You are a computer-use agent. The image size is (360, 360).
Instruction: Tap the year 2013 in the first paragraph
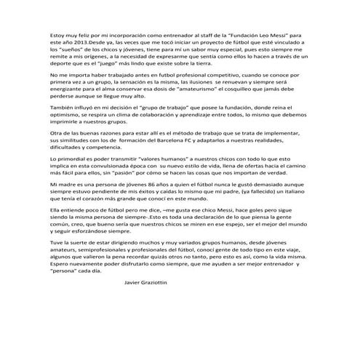tap(78, 43)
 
